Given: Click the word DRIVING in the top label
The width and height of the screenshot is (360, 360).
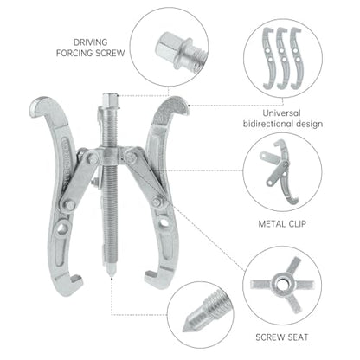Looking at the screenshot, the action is point(91,42).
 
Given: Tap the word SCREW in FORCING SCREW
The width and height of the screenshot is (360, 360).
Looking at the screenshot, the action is point(109,53).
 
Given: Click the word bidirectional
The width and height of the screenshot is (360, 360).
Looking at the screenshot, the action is point(267,124).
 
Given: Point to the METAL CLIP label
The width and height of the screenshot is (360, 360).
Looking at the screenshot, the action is point(282,224).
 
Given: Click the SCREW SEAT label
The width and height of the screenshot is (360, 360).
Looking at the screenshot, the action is point(282,337).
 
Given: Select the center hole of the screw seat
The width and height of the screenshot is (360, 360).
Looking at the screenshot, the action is point(280,285).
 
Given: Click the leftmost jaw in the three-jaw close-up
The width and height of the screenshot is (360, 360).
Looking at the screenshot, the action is point(269,58).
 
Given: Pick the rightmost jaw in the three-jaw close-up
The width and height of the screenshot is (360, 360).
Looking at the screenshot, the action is point(296,58).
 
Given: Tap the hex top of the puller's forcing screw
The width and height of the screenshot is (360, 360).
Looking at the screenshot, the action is point(110,99).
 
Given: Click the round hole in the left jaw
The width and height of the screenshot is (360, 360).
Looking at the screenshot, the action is point(61,229).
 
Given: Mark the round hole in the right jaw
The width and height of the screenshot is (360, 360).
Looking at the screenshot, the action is point(164,223).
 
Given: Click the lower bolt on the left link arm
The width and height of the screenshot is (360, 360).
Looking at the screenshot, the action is point(69,205).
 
